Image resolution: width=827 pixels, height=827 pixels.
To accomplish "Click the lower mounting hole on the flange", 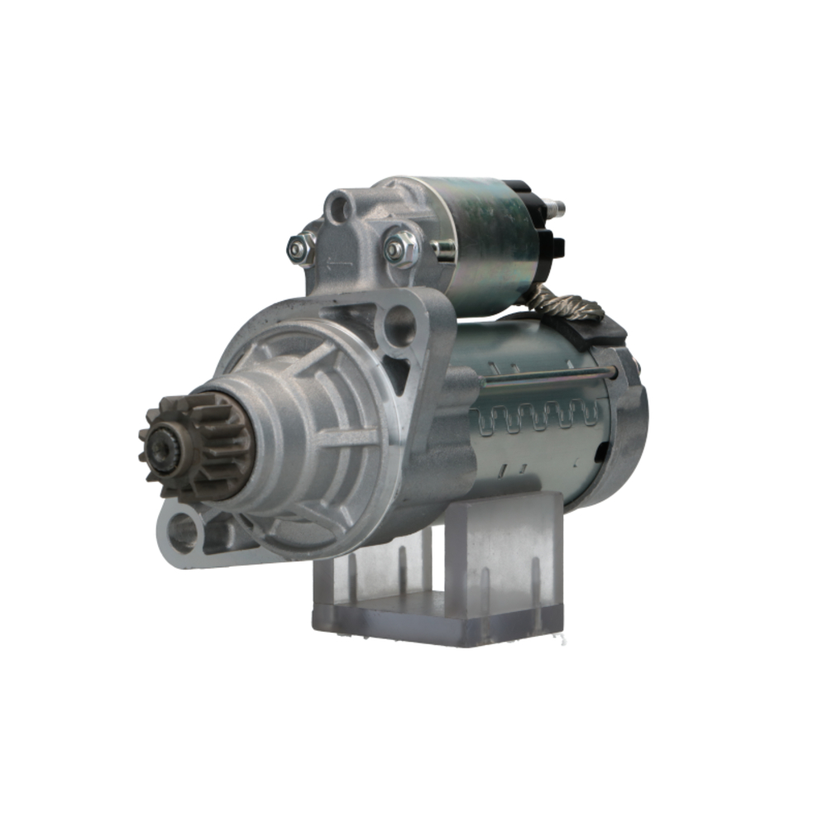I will (x=183, y=533).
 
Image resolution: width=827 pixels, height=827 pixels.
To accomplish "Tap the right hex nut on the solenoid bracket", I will (x=402, y=247).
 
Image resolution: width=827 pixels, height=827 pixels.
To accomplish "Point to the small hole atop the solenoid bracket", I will (x=337, y=206).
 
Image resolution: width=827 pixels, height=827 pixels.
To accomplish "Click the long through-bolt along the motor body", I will (x=546, y=377).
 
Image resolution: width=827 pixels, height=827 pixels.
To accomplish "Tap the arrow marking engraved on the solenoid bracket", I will (x=339, y=263).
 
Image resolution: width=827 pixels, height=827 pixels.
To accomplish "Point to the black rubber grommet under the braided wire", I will (x=600, y=331).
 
